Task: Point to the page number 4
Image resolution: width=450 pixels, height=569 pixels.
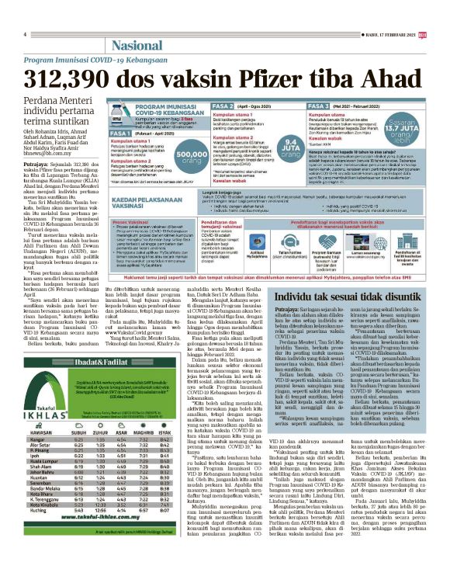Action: [26, 35]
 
